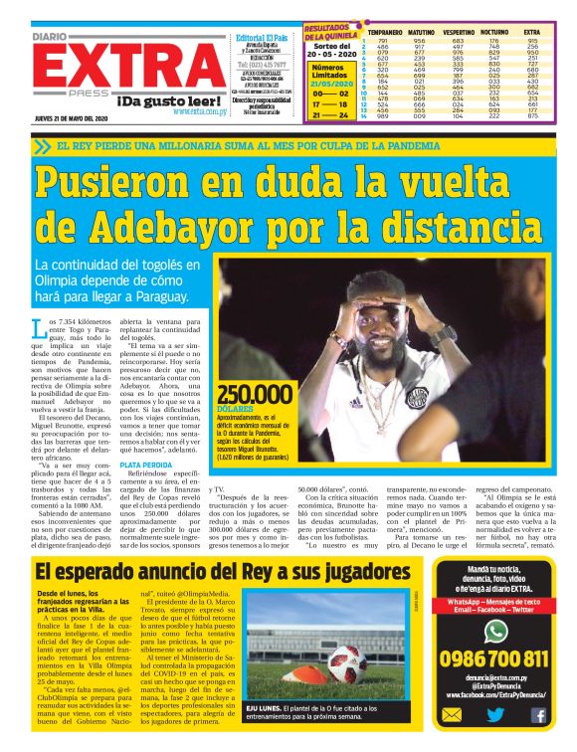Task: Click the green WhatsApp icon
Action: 494,630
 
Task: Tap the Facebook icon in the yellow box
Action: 538,715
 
